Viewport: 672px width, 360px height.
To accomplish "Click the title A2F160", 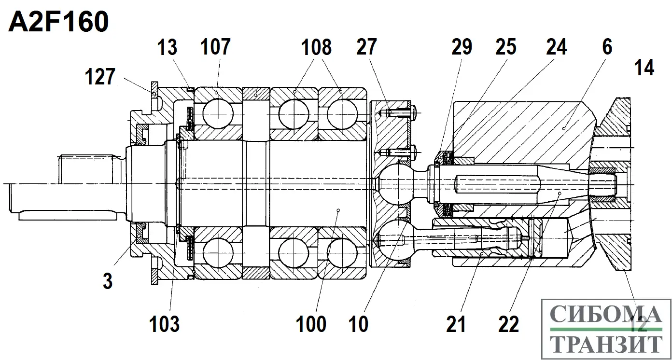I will click(x=58, y=22).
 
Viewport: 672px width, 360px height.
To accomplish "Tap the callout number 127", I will click(x=100, y=77).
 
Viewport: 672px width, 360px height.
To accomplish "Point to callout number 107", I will click(x=215, y=48).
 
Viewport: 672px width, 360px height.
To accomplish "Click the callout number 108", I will click(x=316, y=48).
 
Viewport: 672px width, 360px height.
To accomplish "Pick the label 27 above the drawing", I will click(x=367, y=48).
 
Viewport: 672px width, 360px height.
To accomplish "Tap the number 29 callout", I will click(x=462, y=48).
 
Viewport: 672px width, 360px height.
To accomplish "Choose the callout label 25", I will click(x=505, y=48).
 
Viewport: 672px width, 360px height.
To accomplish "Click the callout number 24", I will click(x=557, y=48).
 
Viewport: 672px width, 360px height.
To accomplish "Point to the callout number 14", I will click(x=644, y=68).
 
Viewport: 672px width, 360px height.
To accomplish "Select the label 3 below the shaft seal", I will click(x=107, y=280).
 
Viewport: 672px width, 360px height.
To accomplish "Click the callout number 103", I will click(x=165, y=324).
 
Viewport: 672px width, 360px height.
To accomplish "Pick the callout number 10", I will click(x=359, y=324).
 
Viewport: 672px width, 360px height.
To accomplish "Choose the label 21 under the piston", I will click(x=456, y=324).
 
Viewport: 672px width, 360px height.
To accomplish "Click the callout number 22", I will click(x=508, y=324).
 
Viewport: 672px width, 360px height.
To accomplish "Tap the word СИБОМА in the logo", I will click(x=606, y=314).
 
